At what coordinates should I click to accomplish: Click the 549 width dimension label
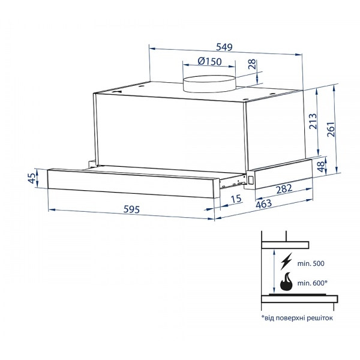coord(224,47)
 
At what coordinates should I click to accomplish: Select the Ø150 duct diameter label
coord(209,61)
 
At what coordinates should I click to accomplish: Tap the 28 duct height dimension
coord(252,64)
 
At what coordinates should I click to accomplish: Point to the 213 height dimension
coord(313,121)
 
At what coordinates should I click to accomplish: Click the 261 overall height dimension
coord(331,129)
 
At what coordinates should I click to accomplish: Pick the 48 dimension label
coord(321,166)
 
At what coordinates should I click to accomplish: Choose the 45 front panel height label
coord(32,178)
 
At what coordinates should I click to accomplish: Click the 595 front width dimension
coord(131,209)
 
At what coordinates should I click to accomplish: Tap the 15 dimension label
coord(236,199)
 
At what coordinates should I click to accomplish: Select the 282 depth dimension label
coord(284,189)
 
